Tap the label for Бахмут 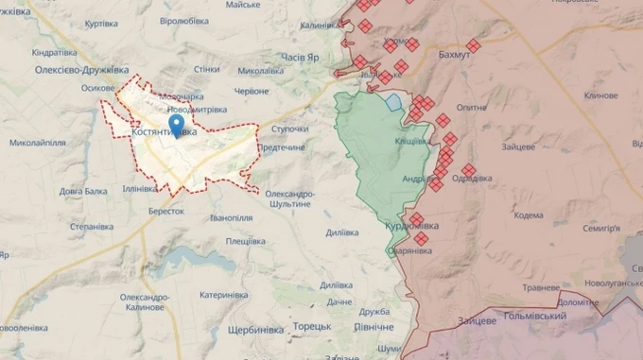pyautogui.click(x=455, y=56)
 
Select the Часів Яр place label pyautogui.click(x=302, y=57)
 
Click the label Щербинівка pyautogui.click(x=256, y=329)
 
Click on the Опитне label pyautogui.click(x=473, y=109)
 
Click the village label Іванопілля pyautogui.click(x=232, y=217)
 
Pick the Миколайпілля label pyautogui.click(x=38, y=143)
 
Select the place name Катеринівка pyautogui.click(x=223, y=295)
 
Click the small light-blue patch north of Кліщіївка pyautogui.click(x=392, y=100)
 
